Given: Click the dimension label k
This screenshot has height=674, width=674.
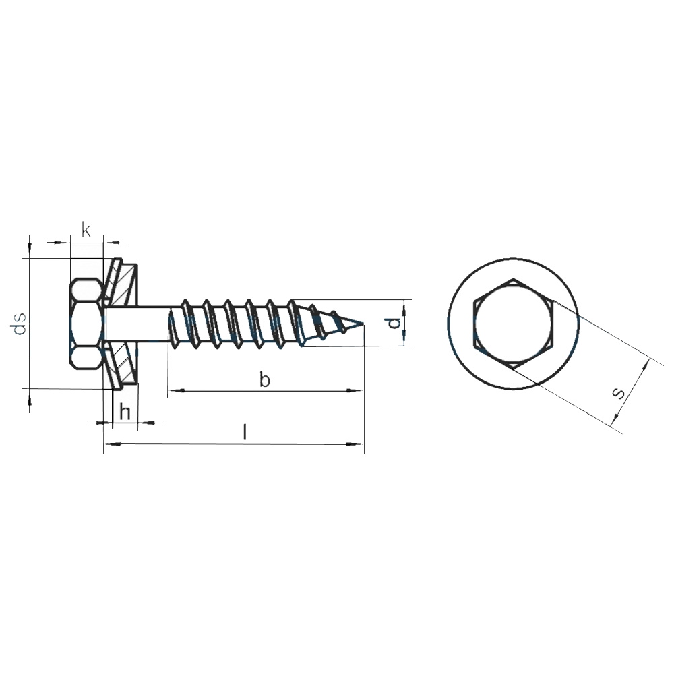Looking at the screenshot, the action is click(x=86, y=231).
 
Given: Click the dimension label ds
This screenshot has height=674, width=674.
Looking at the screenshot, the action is click(x=20, y=324).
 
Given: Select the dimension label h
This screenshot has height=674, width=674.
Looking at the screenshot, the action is click(x=125, y=412).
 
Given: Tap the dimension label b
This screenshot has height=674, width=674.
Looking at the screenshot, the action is click(x=265, y=379).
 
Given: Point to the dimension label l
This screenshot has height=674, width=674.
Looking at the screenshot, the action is click(x=245, y=432).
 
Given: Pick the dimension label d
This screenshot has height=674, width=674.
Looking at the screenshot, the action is click(x=394, y=323).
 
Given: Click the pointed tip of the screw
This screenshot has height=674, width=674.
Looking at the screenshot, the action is click(x=364, y=323).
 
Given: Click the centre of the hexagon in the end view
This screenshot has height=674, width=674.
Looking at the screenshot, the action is click(x=512, y=324).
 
